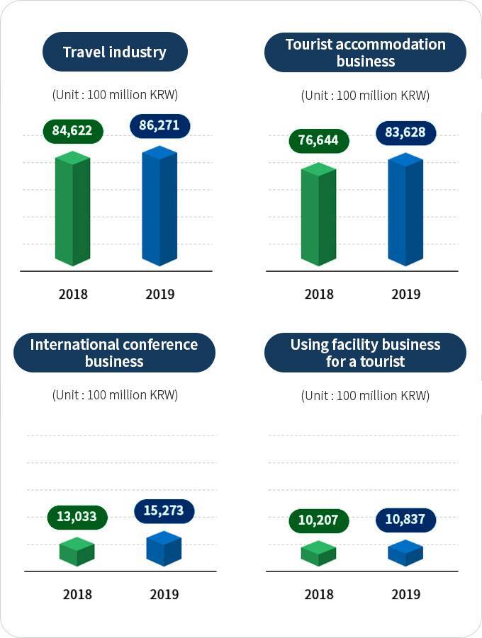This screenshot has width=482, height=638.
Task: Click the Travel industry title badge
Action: (115, 52)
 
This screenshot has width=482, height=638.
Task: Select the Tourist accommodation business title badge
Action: (365, 52)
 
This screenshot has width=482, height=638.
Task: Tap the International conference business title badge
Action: (114, 353)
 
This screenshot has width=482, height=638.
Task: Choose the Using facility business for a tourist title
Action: (365, 353)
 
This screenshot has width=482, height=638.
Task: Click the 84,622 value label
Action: (72, 130)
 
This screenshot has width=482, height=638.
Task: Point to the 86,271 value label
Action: (160, 126)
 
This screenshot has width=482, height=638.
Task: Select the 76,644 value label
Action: (318, 140)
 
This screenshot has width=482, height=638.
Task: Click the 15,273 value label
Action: (164, 511)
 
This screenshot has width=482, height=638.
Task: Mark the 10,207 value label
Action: (318, 520)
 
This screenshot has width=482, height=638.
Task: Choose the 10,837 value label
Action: (405, 520)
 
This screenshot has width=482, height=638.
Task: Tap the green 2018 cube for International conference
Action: (77, 552)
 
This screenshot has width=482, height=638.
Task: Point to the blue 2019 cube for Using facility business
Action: (405, 553)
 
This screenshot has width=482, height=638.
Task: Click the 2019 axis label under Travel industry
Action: (160, 294)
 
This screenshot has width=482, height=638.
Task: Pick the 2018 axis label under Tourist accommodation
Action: (319, 294)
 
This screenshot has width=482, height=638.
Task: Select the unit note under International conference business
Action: (115, 395)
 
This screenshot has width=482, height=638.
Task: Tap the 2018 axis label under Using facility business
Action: (319, 594)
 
